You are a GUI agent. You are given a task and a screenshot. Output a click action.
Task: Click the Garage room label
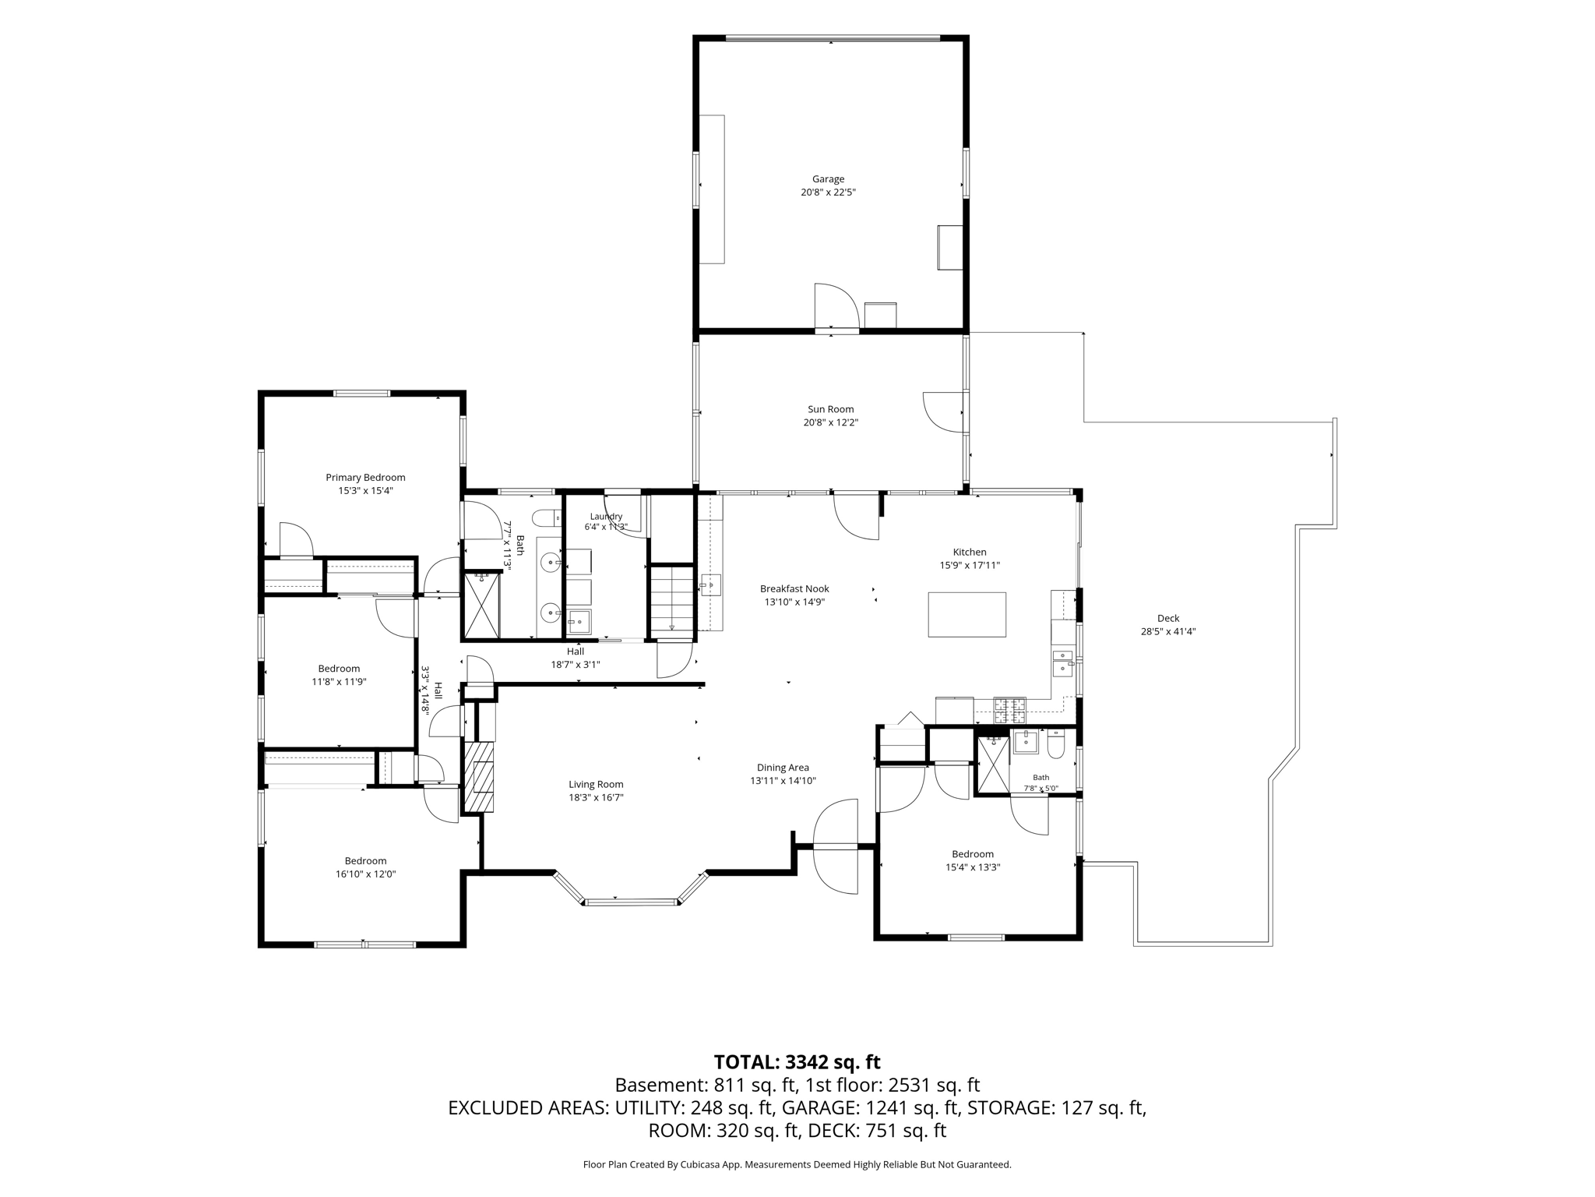pos(828,179)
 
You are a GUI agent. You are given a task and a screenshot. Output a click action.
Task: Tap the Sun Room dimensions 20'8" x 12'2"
pos(831,422)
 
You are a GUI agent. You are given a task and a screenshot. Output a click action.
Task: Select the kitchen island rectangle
pos(967,614)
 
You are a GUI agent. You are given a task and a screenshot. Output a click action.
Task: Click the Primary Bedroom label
pos(365,478)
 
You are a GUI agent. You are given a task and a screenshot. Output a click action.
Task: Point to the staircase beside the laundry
pos(671,598)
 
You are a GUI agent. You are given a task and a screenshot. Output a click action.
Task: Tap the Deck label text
pos(1168,618)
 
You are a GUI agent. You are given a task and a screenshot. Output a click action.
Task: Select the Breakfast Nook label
pos(794,589)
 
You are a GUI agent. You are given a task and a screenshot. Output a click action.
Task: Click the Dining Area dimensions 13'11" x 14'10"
pos(783,780)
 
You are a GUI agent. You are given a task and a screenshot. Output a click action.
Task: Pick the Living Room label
pos(596,784)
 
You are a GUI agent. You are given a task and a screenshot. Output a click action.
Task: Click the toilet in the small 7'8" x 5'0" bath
pos(1056,743)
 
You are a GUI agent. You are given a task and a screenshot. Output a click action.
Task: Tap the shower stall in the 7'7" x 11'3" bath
pos(481,606)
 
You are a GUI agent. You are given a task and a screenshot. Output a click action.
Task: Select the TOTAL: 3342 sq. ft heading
pos(797,1061)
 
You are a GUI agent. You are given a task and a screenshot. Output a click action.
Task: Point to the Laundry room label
pos(606,516)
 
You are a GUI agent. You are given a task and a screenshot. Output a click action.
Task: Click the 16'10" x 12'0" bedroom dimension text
pos(365,874)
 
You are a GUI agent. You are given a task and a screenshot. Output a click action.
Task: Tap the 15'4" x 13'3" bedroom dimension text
pos(973,867)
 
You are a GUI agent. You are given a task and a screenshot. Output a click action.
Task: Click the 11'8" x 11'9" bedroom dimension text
pos(339,681)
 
